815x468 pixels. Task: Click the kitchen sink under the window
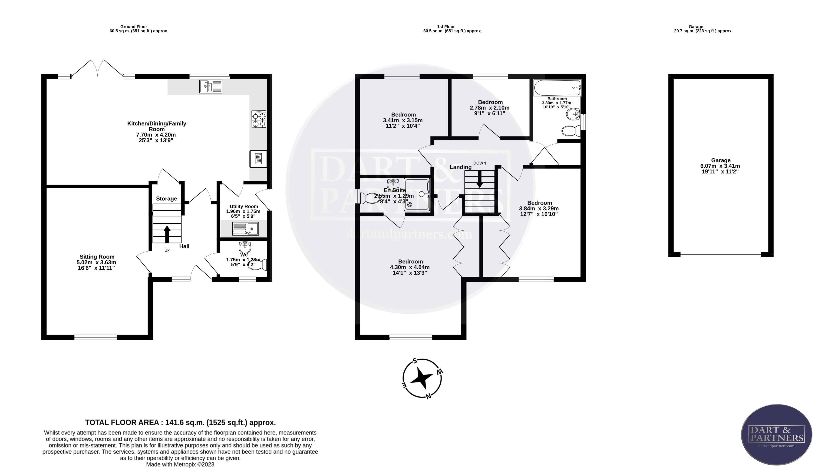pos(211,87)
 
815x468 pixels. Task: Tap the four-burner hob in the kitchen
pos(259,119)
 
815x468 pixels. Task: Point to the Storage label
pos(166,199)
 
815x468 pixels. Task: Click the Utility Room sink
pos(245,229)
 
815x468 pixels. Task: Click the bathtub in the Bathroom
pos(557,87)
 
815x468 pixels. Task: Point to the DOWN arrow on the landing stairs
pos(480,179)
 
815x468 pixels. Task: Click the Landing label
pos(460,167)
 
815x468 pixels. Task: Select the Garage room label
pos(721,160)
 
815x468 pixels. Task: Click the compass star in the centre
pos(422,378)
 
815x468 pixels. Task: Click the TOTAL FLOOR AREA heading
pos(180,422)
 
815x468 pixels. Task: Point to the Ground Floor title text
pos(134,27)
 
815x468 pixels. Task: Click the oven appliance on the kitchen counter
pos(258,159)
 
